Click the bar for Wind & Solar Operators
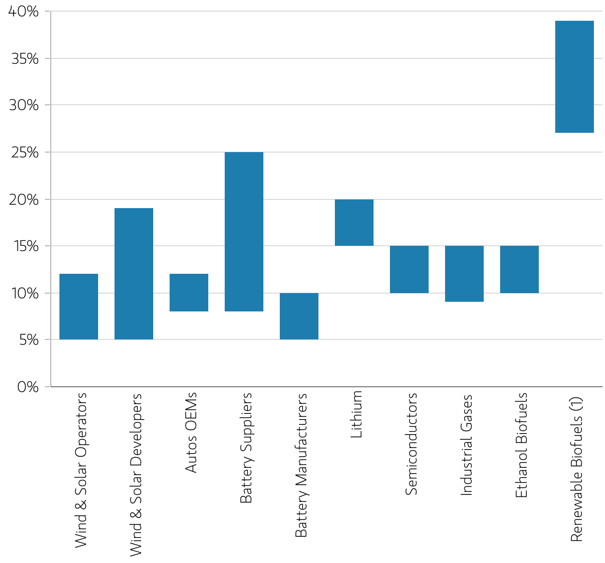click(x=79, y=306)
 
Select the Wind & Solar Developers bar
click(x=134, y=273)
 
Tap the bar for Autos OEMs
click(x=189, y=292)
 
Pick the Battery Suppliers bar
click(x=244, y=231)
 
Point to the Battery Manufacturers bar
click(x=299, y=316)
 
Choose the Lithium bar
click(x=354, y=222)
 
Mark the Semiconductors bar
click(x=409, y=269)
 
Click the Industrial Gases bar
click(x=464, y=273)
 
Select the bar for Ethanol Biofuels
click(x=519, y=269)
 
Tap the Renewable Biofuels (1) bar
click(x=575, y=77)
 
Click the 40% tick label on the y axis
click(x=24, y=12)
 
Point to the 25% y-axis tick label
click(x=25, y=152)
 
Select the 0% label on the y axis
click(x=28, y=387)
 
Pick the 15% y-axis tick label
click(x=27, y=246)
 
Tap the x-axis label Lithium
click(x=356, y=414)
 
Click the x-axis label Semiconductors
click(x=411, y=444)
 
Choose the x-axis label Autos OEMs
click(x=191, y=433)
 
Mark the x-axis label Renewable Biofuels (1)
click(x=576, y=469)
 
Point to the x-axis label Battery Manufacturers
click(x=301, y=465)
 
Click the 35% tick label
click(x=25, y=58)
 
